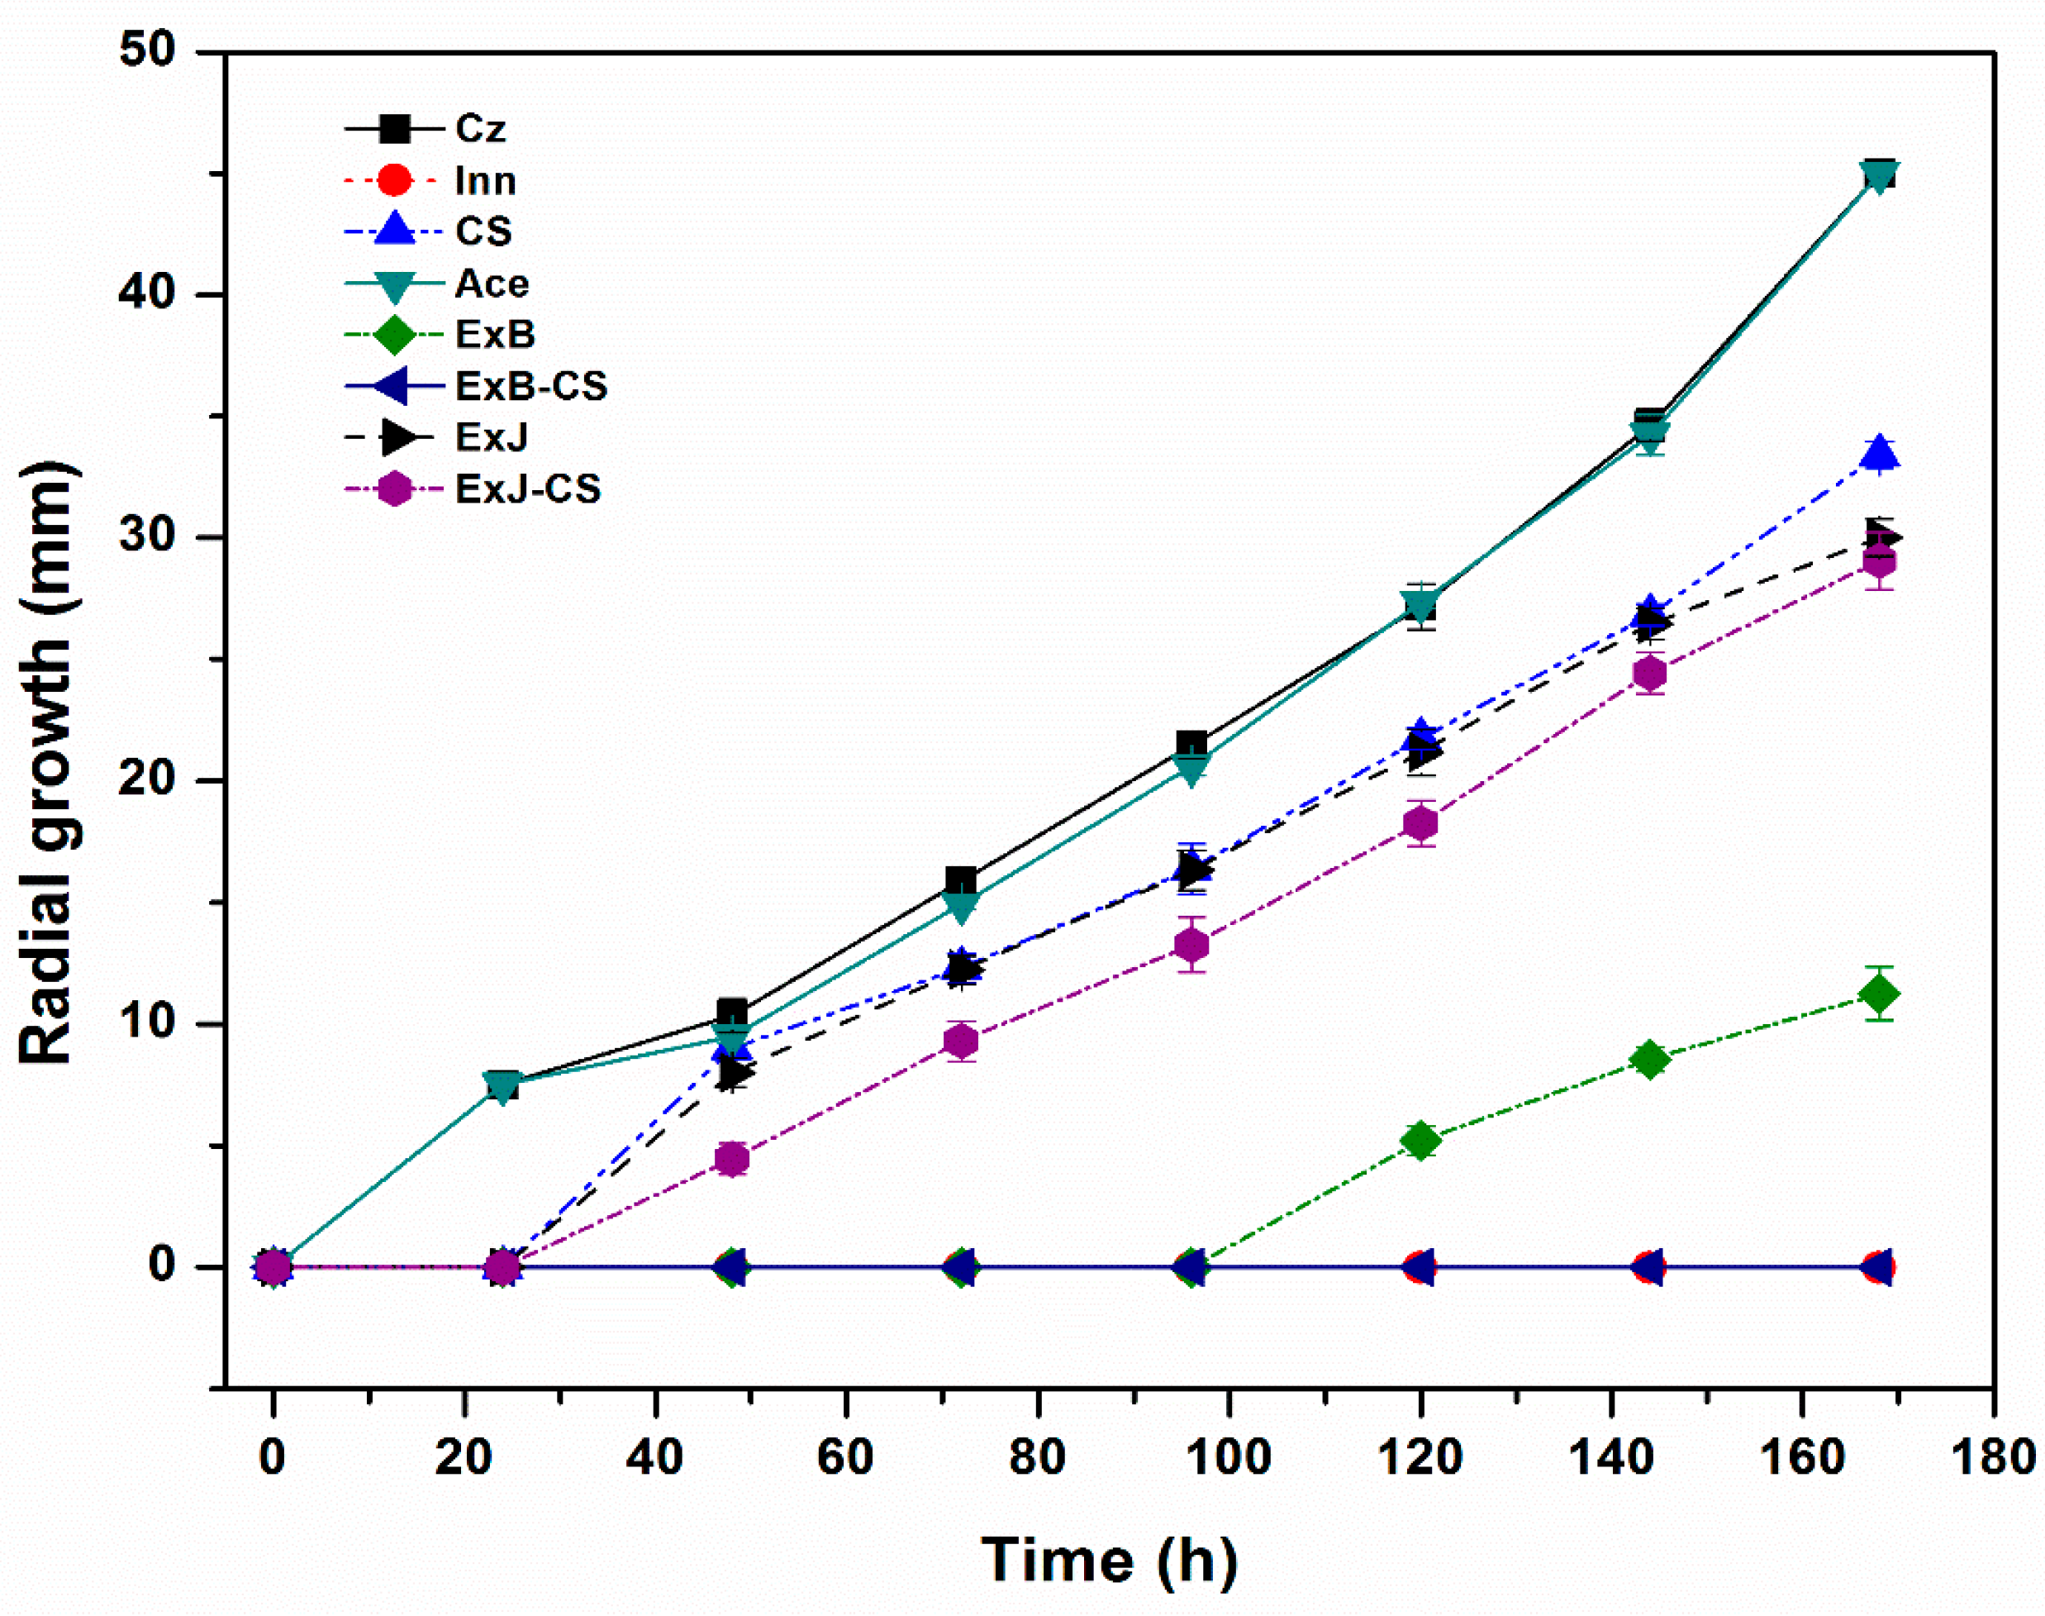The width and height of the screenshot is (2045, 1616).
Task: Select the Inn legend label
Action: point(485,181)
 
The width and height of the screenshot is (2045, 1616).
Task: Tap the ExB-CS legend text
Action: point(530,386)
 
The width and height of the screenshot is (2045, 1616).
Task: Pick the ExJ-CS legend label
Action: point(528,489)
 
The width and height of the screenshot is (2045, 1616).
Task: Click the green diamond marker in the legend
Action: point(394,335)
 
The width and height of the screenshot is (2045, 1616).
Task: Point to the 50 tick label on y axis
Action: point(148,50)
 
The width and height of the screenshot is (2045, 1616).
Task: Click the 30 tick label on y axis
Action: point(148,536)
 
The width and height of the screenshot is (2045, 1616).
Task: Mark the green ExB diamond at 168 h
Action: point(1879,994)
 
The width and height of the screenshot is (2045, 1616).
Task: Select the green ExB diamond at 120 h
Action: point(1420,1141)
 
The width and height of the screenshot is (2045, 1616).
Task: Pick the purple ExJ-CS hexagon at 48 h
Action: point(732,1159)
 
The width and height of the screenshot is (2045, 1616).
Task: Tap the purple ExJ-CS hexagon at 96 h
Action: point(1191,945)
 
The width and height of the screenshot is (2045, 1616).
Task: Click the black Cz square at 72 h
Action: point(961,882)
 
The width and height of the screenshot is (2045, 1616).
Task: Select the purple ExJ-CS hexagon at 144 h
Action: point(1649,674)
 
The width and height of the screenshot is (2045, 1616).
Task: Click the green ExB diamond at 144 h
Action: point(1649,1060)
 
